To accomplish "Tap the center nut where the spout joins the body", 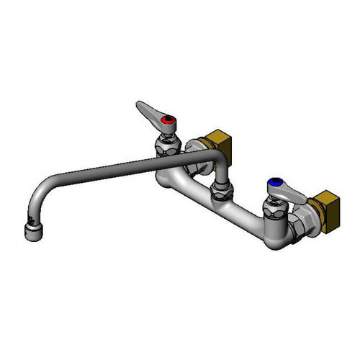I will pyautogui.click(x=220, y=192).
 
